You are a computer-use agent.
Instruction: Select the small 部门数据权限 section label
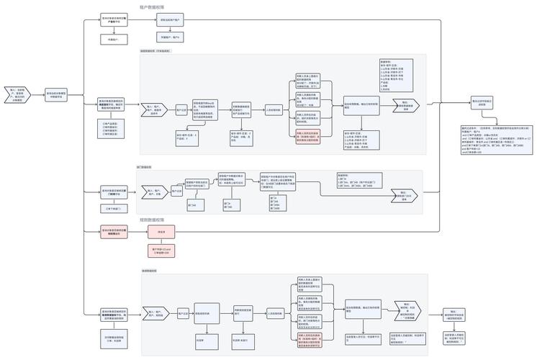(144, 167)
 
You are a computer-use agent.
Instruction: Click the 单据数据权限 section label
(148, 271)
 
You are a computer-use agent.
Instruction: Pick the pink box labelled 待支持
(161, 232)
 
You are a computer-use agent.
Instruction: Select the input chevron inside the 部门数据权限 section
(155, 192)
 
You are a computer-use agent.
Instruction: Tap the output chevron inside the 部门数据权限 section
(405, 194)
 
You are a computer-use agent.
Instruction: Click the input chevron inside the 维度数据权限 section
(155, 110)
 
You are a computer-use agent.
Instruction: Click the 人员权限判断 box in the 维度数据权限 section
(274, 110)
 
